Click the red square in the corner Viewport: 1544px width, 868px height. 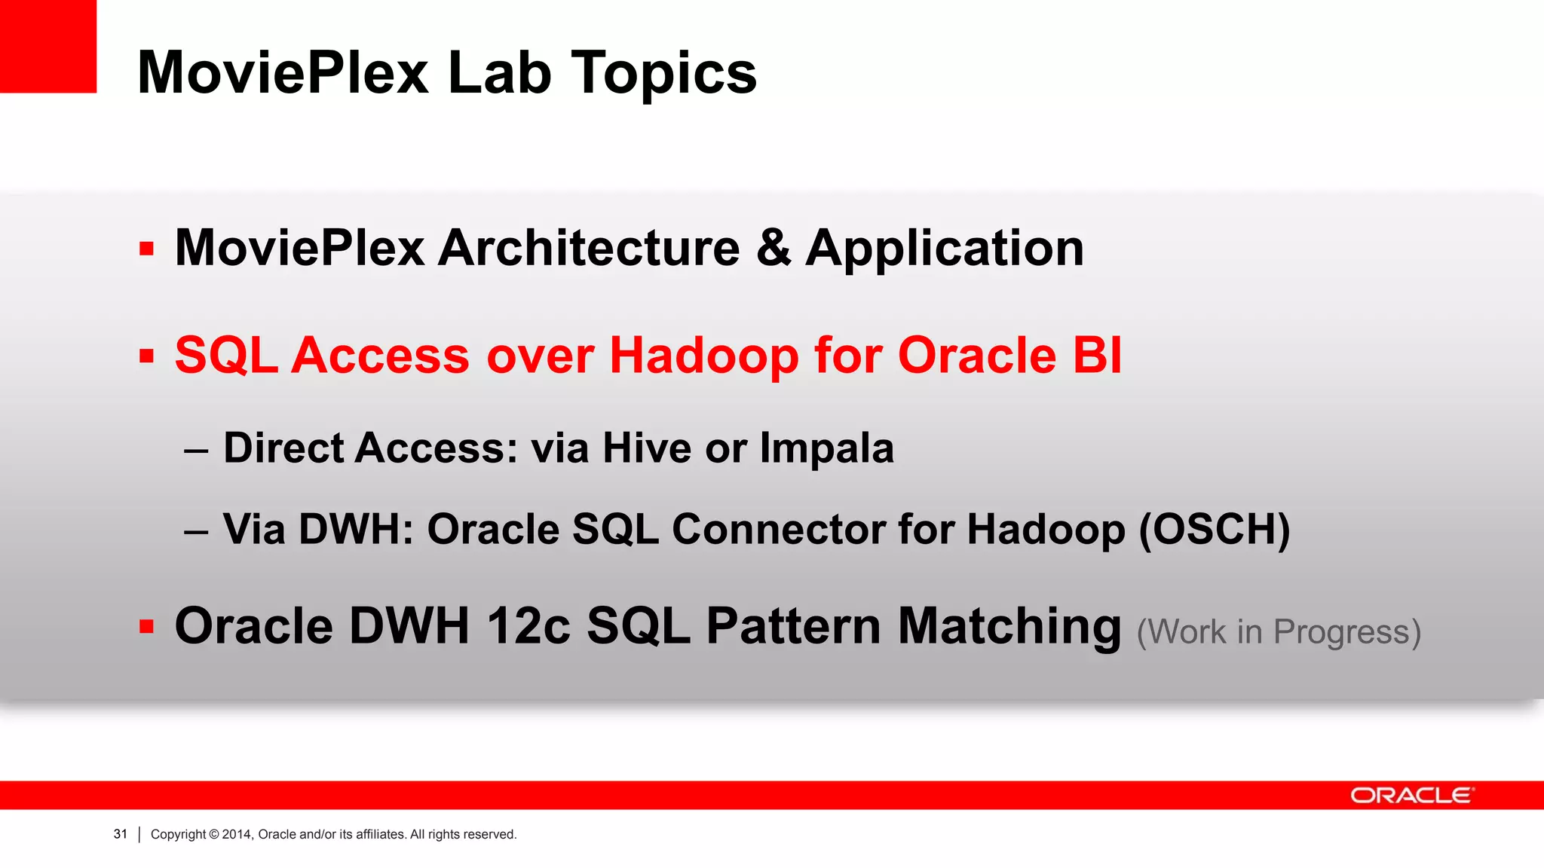pyautogui.click(x=47, y=45)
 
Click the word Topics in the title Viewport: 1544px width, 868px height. pyautogui.click(x=663, y=73)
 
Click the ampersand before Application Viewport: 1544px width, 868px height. pyautogui.click(x=773, y=248)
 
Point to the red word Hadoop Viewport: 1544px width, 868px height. pyautogui.click(x=703, y=356)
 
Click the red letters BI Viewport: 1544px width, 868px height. pyautogui.click(x=1097, y=356)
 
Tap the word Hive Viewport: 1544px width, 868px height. pyautogui.click(x=646, y=448)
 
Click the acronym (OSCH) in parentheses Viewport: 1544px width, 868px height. pyautogui.click(x=1214, y=530)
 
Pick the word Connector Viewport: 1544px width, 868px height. pyautogui.click(x=777, y=530)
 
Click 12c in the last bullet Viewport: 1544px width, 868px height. pyautogui.click(x=528, y=626)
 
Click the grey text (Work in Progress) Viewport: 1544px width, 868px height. pyautogui.click(x=1279, y=632)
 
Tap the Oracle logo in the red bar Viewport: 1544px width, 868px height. pyautogui.click(x=1411, y=796)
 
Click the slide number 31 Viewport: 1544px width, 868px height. pyautogui.click(x=120, y=834)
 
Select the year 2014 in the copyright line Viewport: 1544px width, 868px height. pyautogui.click(x=236, y=834)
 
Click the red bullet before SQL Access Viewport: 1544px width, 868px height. pyautogui.click(x=146, y=356)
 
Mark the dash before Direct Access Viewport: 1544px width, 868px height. pyautogui.click(x=195, y=451)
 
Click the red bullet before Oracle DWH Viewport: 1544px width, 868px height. pyautogui.click(x=146, y=626)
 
